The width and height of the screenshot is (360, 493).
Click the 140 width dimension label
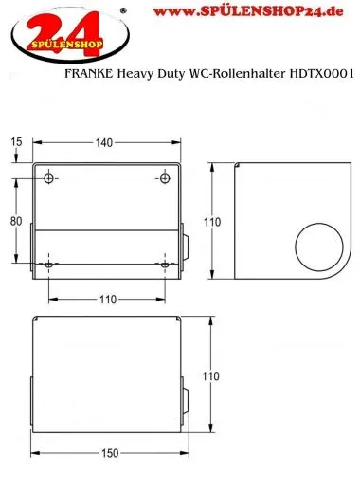103,142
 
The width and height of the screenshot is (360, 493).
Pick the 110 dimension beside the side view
213,222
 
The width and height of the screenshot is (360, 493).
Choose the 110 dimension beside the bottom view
213,376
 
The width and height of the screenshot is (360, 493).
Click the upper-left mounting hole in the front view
50,178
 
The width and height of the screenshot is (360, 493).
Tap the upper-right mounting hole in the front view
165,178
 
